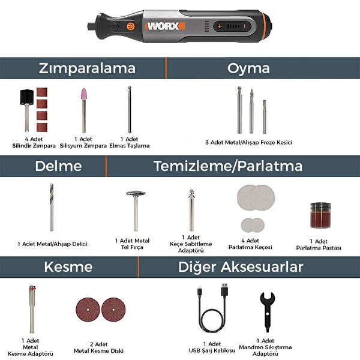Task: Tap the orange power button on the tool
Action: [130, 27]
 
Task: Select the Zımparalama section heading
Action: [88, 68]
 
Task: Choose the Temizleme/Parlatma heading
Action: [228, 166]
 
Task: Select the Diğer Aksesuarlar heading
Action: [241, 266]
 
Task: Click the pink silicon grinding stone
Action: [83, 101]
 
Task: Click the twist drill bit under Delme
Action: [52, 207]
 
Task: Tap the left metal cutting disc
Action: [88, 308]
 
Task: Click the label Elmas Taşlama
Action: [130, 145]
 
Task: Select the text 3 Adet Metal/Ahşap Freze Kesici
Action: [248, 142]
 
